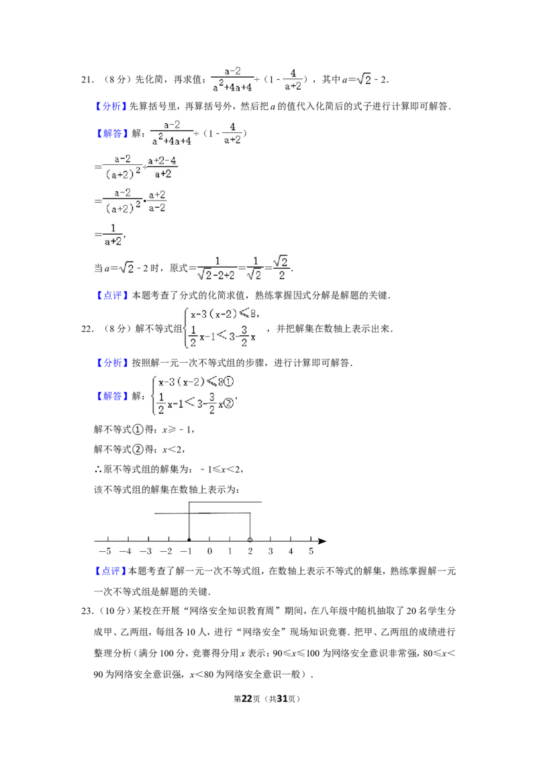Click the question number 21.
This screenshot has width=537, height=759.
click(87, 80)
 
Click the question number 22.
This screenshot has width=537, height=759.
click(87, 329)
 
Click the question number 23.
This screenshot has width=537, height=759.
click(87, 611)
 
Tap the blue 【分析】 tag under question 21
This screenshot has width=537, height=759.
click(110, 107)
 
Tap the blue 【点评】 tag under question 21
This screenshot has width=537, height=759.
click(110, 295)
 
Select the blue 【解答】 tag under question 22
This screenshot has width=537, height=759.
click(110, 396)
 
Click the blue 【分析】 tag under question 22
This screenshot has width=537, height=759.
click(110, 363)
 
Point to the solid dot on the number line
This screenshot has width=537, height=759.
click(189, 540)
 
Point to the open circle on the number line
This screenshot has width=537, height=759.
click(250, 540)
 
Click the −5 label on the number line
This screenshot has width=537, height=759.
click(105, 551)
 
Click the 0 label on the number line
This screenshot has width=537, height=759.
click(209, 551)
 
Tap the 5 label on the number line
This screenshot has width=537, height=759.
click(311, 551)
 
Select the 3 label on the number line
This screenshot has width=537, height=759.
click(271, 551)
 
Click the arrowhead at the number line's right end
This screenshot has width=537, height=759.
click(322, 540)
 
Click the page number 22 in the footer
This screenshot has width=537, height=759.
click(247, 699)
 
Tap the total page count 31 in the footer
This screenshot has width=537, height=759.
click(282, 699)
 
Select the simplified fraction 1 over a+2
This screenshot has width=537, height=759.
click(113, 235)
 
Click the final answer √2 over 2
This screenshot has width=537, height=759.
click(281, 268)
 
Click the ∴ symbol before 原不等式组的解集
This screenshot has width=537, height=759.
click(98, 469)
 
